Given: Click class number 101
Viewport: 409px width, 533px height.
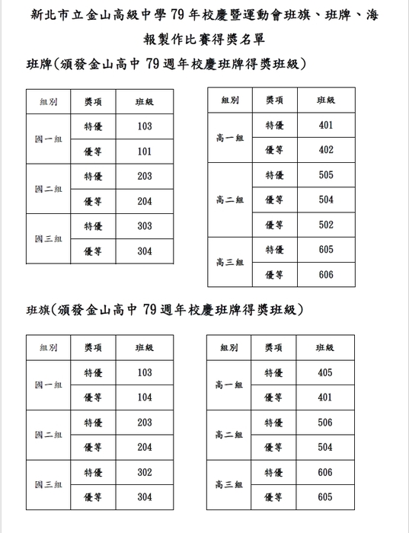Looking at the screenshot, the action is tap(145, 152).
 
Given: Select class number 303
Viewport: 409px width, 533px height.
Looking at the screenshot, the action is tap(145, 226).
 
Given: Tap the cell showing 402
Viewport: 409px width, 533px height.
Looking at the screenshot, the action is tap(326, 150).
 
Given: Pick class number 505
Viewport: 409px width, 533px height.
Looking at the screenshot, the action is tap(326, 175).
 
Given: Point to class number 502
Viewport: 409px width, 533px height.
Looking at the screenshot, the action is tap(326, 225).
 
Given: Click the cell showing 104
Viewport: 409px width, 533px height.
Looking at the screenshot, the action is tap(145, 397).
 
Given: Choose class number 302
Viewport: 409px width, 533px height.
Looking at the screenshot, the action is tap(145, 473).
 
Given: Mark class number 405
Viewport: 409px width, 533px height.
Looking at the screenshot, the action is tap(325, 373).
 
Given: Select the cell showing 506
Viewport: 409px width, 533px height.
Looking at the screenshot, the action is tap(325, 423).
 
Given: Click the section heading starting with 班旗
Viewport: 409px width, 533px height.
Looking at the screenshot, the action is tap(165, 310).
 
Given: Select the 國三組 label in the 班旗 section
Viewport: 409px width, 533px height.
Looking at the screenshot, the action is tap(48, 485).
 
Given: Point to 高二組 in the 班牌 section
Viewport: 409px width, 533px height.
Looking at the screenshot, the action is tap(229, 200).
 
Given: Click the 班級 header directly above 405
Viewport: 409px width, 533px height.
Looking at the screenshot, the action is tap(325, 347).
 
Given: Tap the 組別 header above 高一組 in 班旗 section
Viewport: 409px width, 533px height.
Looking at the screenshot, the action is tap(229, 347).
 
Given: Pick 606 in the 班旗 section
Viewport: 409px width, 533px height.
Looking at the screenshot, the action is tap(325, 473).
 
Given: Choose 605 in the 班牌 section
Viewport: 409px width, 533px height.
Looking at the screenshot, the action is tap(326, 250).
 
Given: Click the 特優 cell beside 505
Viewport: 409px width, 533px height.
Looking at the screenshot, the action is tap(274, 175).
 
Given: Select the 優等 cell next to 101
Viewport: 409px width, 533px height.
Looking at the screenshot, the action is tap(93, 152).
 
